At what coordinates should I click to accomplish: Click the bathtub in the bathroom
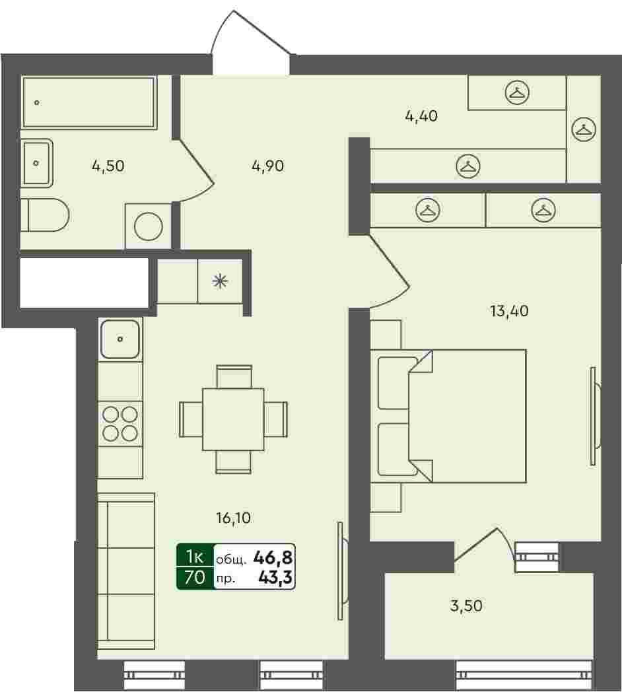89,103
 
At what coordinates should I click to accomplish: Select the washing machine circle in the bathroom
149,226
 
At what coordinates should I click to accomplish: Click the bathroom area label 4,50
108,166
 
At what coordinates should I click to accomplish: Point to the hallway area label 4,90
267,166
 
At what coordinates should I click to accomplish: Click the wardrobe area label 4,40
421,116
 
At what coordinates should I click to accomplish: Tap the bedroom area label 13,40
509,311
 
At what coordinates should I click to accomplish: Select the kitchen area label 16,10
233,518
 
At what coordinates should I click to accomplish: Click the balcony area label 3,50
466,606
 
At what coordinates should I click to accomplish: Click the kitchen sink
120,339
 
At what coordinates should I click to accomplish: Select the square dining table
233,419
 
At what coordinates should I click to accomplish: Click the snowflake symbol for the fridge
220,281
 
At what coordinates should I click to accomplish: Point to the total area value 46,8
273,558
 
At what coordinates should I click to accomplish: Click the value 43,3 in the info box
275,577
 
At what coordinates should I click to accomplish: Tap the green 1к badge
195,556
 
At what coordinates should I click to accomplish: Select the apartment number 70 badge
195,578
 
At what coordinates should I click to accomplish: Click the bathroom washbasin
37,163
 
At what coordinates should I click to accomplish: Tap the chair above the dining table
234,376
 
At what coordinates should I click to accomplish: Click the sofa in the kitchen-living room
125,571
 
